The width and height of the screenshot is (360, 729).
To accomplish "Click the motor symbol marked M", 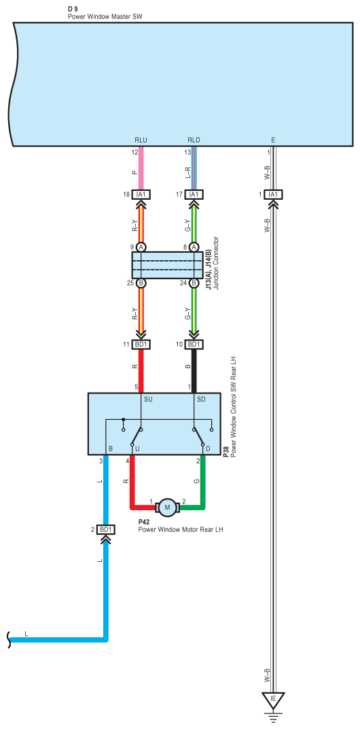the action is click(x=168, y=507).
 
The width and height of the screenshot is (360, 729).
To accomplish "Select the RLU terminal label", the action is click(x=141, y=140).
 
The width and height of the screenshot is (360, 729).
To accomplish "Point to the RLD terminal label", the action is click(x=194, y=140).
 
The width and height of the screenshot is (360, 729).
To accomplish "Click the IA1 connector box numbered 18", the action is click(x=141, y=194).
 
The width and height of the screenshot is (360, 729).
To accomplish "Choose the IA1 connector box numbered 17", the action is click(x=194, y=194).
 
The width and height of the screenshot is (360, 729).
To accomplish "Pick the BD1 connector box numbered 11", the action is click(x=141, y=345).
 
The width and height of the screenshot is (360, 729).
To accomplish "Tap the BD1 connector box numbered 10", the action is click(x=194, y=345).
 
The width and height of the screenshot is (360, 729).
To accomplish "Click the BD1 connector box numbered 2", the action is click(x=106, y=529).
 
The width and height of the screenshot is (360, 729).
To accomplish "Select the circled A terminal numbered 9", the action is click(x=141, y=247).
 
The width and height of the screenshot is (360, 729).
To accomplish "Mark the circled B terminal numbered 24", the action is click(x=194, y=283).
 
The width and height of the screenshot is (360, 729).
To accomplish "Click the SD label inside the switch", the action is click(x=202, y=398).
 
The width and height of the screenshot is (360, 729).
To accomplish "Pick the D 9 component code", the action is click(x=73, y=10).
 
